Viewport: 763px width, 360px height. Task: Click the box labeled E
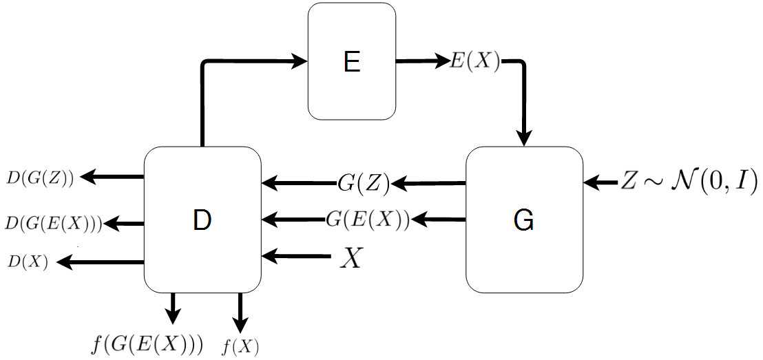pyautogui.click(x=351, y=62)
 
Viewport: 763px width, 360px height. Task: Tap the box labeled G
pyautogui.click(x=524, y=220)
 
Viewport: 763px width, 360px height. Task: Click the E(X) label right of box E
pyautogui.click(x=474, y=62)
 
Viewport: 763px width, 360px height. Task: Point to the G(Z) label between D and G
pyautogui.click(x=364, y=183)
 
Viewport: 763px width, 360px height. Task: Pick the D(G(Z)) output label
pyautogui.click(x=40, y=178)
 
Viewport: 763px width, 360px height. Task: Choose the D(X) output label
pyautogui.click(x=28, y=262)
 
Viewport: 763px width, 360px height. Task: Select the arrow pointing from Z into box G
pyautogui.click(x=600, y=183)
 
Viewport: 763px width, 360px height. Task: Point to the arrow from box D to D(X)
pyautogui.click(x=101, y=262)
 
